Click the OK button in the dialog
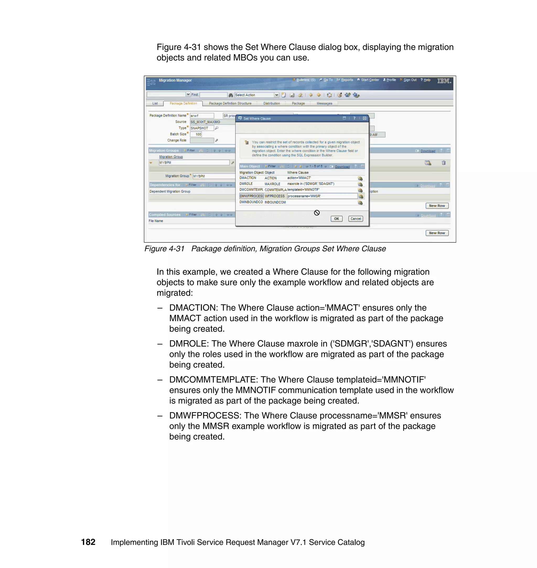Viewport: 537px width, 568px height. (336, 219)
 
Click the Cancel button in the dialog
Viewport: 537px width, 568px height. (356, 219)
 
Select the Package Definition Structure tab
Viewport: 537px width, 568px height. (230, 103)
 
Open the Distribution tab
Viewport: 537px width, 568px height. (271, 103)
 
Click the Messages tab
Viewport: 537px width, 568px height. (324, 103)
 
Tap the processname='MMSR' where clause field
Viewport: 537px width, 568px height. (322, 196)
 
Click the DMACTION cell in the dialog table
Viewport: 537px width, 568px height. (248, 178)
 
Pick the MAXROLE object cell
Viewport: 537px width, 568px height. (272, 184)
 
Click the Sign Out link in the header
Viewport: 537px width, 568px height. (410, 80)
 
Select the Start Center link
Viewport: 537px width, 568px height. (369, 80)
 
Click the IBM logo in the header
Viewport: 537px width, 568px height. (444, 81)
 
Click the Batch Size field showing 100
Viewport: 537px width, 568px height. (196, 134)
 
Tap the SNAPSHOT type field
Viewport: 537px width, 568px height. (202, 128)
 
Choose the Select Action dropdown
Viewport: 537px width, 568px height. (256, 95)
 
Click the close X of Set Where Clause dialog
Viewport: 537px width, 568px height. (364, 118)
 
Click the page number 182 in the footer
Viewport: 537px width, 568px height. (88, 542)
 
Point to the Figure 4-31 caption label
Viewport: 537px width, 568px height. (164, 249)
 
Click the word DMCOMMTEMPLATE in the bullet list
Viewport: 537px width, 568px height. (213, 380)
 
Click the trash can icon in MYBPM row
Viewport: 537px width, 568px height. (443, 163)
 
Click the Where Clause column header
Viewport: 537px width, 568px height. (298, 173)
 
